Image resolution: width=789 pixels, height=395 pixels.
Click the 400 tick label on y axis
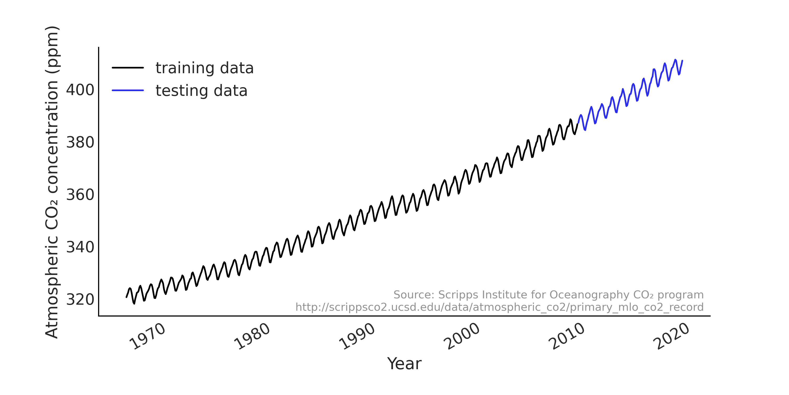(x=80, y=90)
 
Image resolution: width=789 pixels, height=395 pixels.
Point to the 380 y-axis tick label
(x=80, y=143)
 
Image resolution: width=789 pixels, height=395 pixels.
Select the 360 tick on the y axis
(x=80, y=195)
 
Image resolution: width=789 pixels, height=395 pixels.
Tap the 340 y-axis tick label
(x=80, y=247)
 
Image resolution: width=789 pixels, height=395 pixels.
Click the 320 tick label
(x=80, y=300)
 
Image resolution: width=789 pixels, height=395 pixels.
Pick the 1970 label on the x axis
(x=147, y=337)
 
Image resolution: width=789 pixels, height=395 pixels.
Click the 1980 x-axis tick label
(x=252, y=337)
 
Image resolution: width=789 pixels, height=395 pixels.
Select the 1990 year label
(x=357, y=337)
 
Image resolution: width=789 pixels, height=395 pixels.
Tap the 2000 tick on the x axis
(x=461, y=337)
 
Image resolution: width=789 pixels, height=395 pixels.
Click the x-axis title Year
(x=404, y=364)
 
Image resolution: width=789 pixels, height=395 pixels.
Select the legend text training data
(x=204, y=68)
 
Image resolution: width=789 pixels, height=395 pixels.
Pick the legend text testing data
(x=201, y=91)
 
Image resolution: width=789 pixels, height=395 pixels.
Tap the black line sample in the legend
(x=128, y=68)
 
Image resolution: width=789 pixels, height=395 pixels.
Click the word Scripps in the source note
(x=452, y=295)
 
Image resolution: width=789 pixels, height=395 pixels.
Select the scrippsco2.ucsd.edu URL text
(x=499, y=307)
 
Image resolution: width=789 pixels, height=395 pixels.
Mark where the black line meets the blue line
(x=578, y=123)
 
